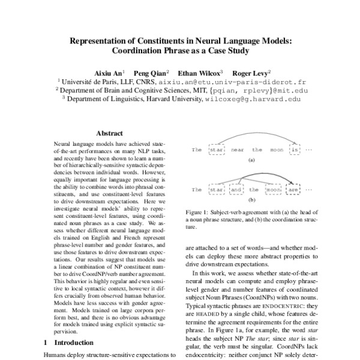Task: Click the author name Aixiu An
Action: pyautogui.click(x=109, y=71)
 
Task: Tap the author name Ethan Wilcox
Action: pyautogui.click(x=200, y=71)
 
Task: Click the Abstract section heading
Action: pyautogui.click(x=109, y=134)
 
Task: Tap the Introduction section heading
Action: pyautogui.click(x=70, y=343)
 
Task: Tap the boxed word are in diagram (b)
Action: pyautogui.click(x=293, y=190)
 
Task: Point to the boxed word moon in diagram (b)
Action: pyautogui.click(x=274, y=190)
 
